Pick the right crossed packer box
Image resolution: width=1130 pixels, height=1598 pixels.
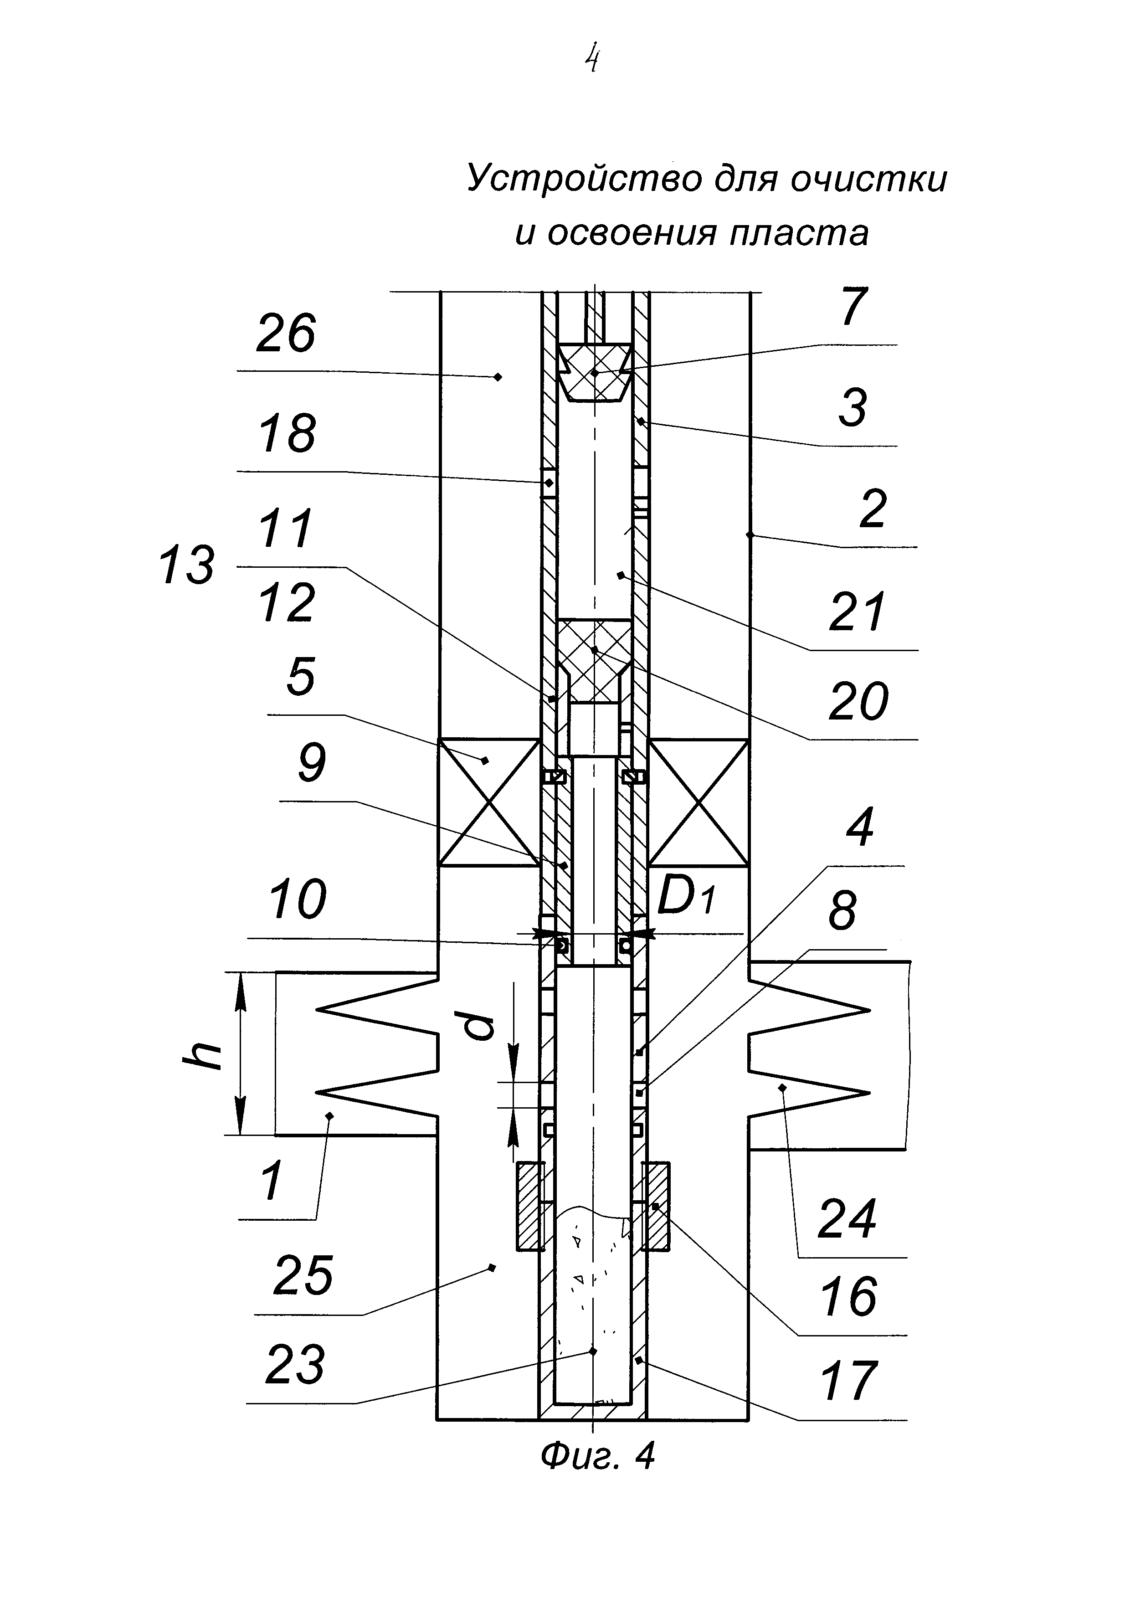699,802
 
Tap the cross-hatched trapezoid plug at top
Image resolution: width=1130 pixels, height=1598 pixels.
595,372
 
